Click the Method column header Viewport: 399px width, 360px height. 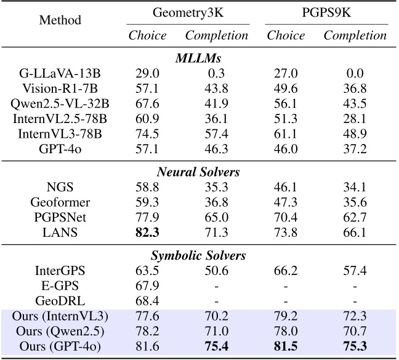(60, 20)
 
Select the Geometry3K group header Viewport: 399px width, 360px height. (188, 12)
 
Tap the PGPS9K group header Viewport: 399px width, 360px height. (326, 12)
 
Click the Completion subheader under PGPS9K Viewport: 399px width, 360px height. (355, 36)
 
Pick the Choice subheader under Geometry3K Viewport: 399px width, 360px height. (147, 36)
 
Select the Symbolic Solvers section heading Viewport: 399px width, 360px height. (199, 254)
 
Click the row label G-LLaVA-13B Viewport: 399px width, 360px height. (60, 73)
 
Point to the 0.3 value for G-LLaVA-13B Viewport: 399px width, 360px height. (217, 73)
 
